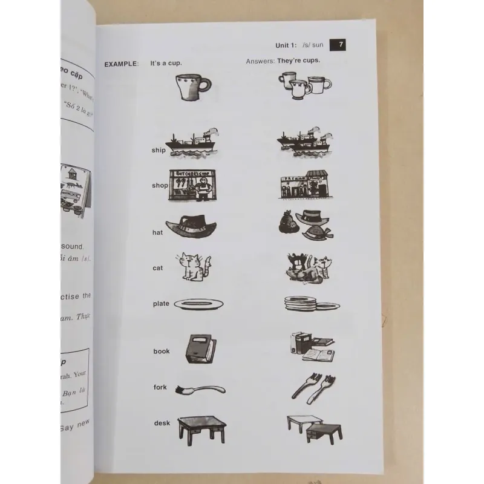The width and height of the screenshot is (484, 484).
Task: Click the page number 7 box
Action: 341,45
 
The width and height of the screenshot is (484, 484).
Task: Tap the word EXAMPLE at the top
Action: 121,64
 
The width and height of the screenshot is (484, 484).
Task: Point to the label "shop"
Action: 159,186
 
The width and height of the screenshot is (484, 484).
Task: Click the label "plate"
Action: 161,304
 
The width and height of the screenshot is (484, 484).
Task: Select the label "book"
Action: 162,351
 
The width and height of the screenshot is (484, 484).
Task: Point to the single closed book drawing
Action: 199,350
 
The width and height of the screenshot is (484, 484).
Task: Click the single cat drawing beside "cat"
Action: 194,267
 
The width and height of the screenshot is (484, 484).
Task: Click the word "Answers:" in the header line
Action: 260,62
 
